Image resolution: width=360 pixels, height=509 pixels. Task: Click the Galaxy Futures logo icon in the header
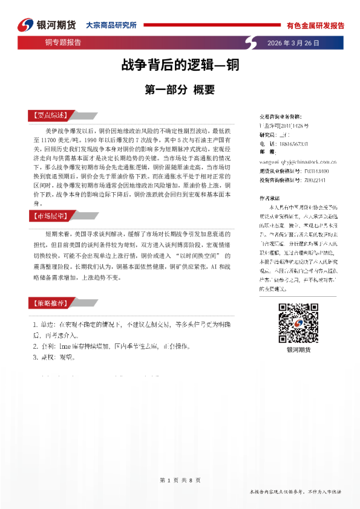pos(25,25)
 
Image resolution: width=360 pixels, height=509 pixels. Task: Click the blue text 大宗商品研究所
pos(111,25)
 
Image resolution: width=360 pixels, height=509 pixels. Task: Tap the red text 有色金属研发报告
pos(315,26)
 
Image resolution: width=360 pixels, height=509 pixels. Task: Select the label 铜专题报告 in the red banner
pos(63,43)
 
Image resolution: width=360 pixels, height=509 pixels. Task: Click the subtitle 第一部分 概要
pos(180,90)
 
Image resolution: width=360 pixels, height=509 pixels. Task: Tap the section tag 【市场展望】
pos(47,216)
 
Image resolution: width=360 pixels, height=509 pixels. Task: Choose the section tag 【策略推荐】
pos(47,303)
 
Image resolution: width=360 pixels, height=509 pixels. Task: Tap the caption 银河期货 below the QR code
pos(296,351)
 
